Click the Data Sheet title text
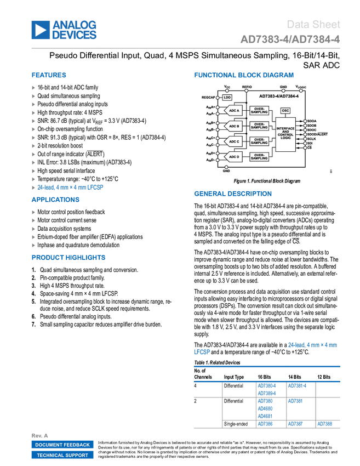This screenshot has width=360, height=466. pos(314,24)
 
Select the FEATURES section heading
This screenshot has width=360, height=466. pos(49,75)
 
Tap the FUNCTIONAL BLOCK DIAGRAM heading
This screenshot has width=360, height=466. pos(243,75)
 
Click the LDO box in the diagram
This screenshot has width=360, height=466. pos(227,98)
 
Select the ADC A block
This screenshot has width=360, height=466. pos(234,111)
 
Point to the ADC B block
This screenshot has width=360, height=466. pos(234,126)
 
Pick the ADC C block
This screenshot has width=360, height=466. pos(234,141)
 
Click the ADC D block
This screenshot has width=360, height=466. pos(234,157)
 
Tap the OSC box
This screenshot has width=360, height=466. pos(285,111)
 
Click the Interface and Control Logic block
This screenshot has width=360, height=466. pos(285,133)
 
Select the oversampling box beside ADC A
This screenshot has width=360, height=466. pos(259,111)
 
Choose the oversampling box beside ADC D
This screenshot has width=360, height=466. pos(259,157)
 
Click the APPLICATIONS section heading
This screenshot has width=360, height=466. pos(56,200)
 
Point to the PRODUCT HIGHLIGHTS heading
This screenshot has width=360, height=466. pos(68,258)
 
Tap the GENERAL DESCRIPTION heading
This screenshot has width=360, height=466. pos(232,194)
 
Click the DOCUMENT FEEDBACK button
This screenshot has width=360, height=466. pos(62,445)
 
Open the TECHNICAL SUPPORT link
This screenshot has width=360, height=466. pos(62,455)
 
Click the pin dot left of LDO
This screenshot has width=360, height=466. pos(219,98)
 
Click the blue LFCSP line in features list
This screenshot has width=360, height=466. pos(70,187)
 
